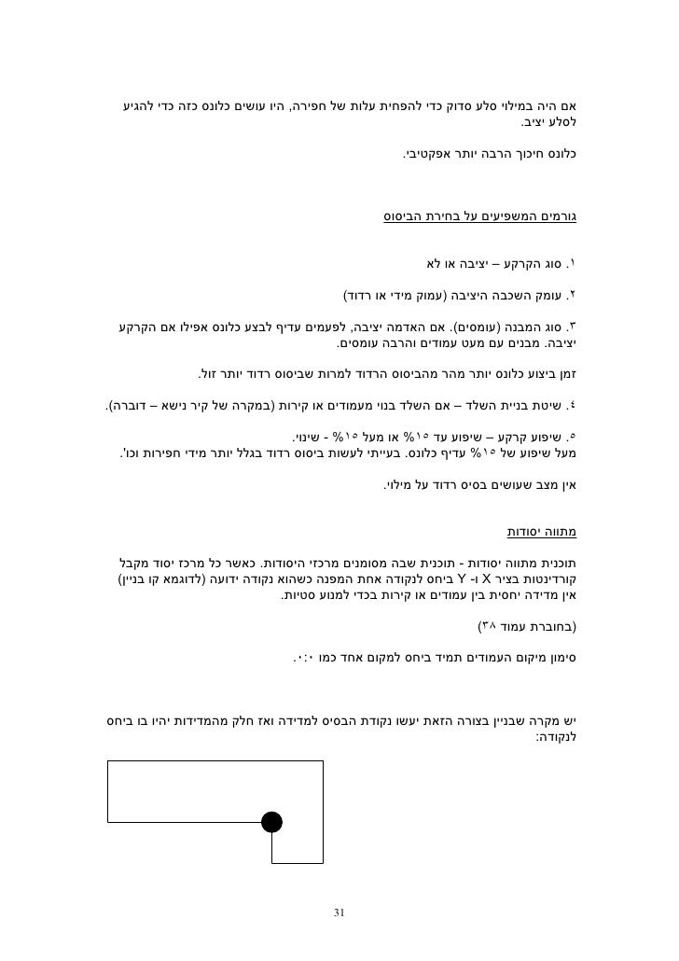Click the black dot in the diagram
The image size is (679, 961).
(271, 822)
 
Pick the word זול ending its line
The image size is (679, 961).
(213, 375)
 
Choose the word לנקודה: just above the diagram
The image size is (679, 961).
(557, 737)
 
